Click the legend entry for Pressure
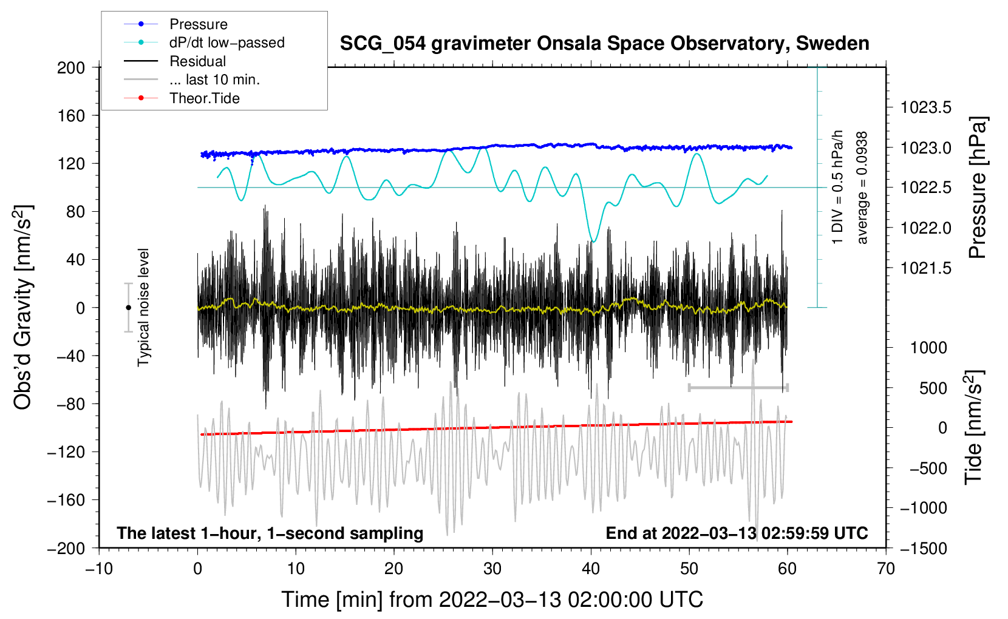point(198,24)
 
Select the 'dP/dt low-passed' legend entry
point(226,42)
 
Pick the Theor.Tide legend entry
point(204,98)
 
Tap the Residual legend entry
point(197,61)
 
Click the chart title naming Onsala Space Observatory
point(604,44)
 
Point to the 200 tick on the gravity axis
point(71,67)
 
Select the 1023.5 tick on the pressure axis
point(926,108)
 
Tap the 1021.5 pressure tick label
point(926,268)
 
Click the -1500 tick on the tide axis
point(924,549)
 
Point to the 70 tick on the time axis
point(886,569)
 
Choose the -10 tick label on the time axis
point(99,569)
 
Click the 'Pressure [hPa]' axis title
point(977,188)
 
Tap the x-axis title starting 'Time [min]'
point(492,600)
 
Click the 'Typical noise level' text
point(143,307)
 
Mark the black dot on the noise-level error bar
point(128,308)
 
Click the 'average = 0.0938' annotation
point(862,188)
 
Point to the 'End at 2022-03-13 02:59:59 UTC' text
point(737,533)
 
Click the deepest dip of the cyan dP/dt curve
point(594,242)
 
